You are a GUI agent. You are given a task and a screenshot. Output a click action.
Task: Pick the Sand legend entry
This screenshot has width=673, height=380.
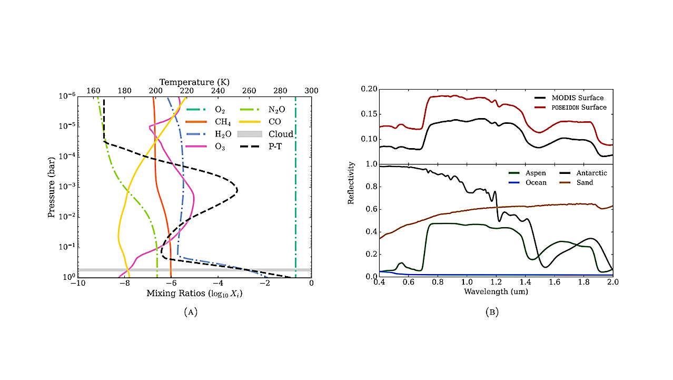tap(583, 182)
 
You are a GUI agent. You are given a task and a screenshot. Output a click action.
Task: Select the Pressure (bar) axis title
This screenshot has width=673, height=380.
tap(52, 187)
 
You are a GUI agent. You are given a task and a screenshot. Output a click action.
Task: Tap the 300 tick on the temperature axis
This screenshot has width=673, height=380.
tap(311, 91)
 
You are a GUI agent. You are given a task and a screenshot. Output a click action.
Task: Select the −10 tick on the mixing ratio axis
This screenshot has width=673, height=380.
tap(77, 284)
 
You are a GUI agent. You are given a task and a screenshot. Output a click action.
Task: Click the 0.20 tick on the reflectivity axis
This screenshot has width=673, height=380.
tap(369, 89)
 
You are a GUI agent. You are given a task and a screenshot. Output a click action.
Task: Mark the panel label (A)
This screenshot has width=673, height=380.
tap(191, 312)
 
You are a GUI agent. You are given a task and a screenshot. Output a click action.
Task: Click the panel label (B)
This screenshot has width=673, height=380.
tap(492, 312)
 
